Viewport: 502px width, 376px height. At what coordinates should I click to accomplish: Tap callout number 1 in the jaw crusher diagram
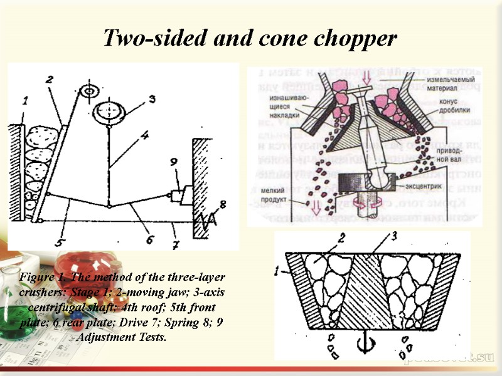point(25,99)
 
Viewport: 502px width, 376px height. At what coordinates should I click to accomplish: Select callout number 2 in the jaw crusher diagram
point(50,79)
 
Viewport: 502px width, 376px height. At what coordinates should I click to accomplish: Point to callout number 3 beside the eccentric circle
point(151,98)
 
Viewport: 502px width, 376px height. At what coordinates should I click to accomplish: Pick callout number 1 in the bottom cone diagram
point(279,271)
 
